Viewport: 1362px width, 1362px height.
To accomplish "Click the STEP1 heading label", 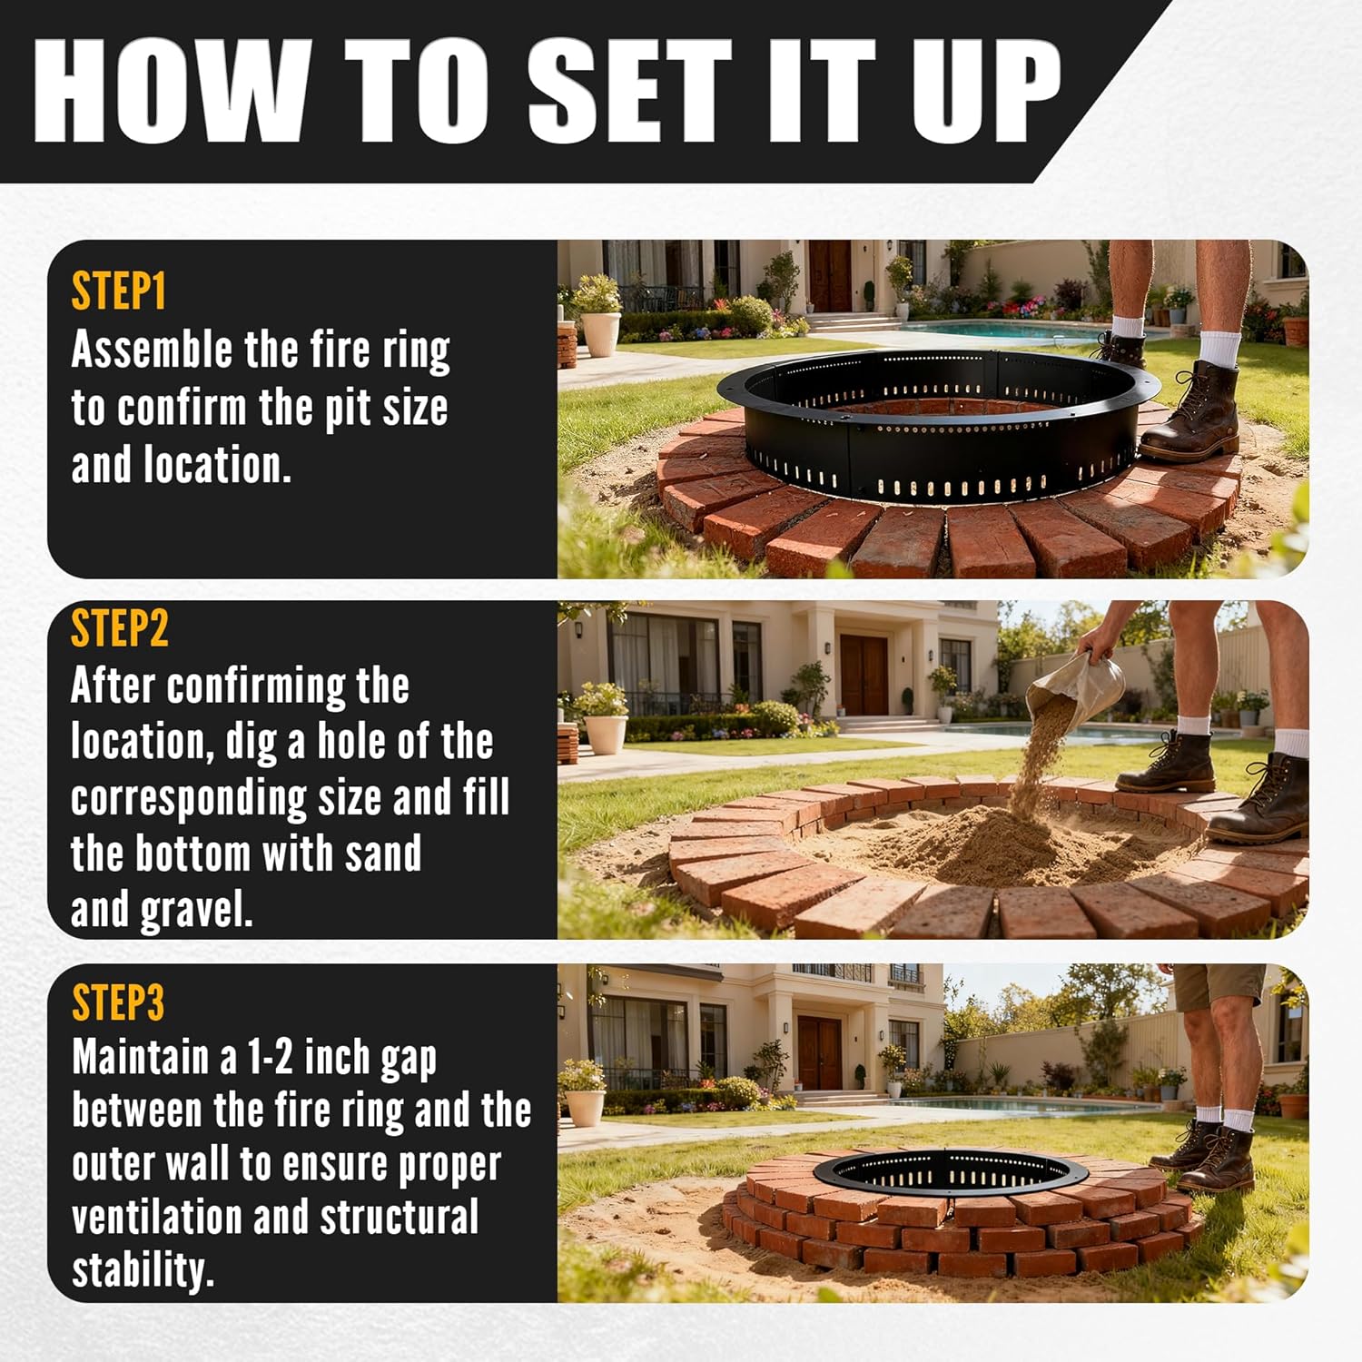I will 119,292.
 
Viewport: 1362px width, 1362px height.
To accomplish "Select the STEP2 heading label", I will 120,628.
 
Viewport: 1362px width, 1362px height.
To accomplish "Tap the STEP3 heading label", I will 118,1003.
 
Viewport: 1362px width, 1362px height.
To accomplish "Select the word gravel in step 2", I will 195,911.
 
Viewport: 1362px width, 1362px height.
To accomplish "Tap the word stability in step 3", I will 143,1270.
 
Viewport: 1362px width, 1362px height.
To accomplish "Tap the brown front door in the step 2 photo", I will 864,674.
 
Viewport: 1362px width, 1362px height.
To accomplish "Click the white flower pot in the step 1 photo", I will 600,331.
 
